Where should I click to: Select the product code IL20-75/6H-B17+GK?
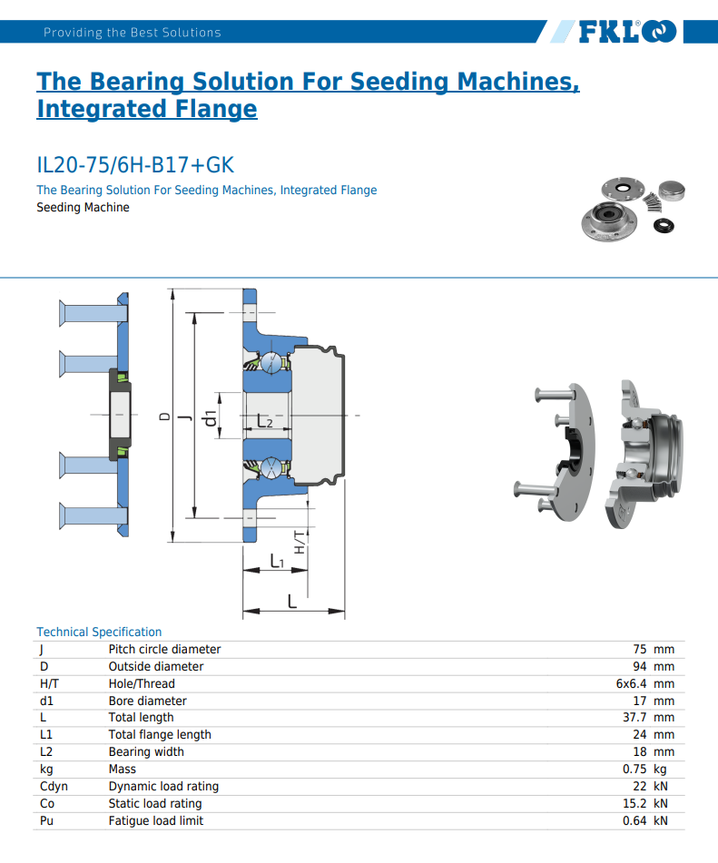(135, 165)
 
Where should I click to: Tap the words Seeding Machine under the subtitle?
(83, 208)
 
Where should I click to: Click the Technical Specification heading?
(99, 632)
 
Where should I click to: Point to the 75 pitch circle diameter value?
(639, 649)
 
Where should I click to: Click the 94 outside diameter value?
(639, 666)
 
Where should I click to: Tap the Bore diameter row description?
(147, 701)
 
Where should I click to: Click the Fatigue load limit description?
(155, 820)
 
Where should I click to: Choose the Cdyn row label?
(54, 786)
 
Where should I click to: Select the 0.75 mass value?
(634, 769)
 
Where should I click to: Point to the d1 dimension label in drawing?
(211, 417)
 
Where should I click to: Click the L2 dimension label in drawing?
(265, 421)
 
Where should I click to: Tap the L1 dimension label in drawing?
(278, 562)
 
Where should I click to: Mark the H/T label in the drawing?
(299, 543)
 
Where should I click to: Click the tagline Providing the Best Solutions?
(132, 33)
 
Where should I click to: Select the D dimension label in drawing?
(164, 417)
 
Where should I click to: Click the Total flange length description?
(160, 734)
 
